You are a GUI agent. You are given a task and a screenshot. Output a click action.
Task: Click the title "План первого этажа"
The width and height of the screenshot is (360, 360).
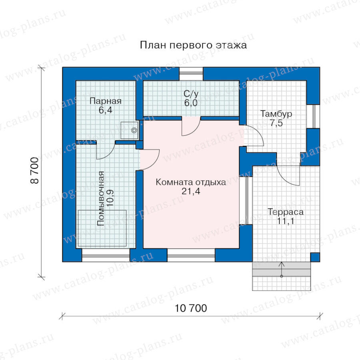(193, 45)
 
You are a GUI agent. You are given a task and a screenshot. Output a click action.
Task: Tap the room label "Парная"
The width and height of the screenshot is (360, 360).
(105, 101)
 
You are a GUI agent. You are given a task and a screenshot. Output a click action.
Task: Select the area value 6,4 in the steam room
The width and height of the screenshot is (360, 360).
(105, 110)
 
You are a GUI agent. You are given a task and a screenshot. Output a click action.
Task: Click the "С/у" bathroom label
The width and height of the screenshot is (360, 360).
(191, 94)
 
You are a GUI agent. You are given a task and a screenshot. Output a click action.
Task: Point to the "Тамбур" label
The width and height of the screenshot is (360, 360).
(276, 114)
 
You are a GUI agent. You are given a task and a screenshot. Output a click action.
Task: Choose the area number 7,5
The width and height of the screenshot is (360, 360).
(276, 123)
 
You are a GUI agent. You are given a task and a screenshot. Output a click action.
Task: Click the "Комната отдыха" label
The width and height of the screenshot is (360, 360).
(191, 182)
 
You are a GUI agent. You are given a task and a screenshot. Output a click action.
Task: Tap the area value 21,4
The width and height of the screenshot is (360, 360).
(191, 191)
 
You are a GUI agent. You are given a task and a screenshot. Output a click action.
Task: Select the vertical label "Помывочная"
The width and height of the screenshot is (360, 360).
(100, 198)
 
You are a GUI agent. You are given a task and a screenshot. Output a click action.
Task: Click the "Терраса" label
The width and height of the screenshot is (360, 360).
(286, 212)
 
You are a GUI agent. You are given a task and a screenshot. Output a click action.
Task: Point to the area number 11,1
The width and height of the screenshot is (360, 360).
(286, 221)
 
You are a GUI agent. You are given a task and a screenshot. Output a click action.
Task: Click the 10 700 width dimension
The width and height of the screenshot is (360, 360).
(191, 308)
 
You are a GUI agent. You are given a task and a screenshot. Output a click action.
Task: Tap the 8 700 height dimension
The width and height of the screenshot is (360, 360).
(35, 170)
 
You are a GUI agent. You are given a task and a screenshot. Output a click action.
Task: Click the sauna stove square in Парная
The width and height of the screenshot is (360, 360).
(129, 130)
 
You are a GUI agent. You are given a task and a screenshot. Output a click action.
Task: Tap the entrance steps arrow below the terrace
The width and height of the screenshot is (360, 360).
(282, 269)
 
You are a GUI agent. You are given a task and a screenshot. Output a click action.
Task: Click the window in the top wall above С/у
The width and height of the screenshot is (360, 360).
(191, 74)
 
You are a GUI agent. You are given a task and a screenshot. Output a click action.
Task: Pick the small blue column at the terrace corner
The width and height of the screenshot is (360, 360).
(315, 257)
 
